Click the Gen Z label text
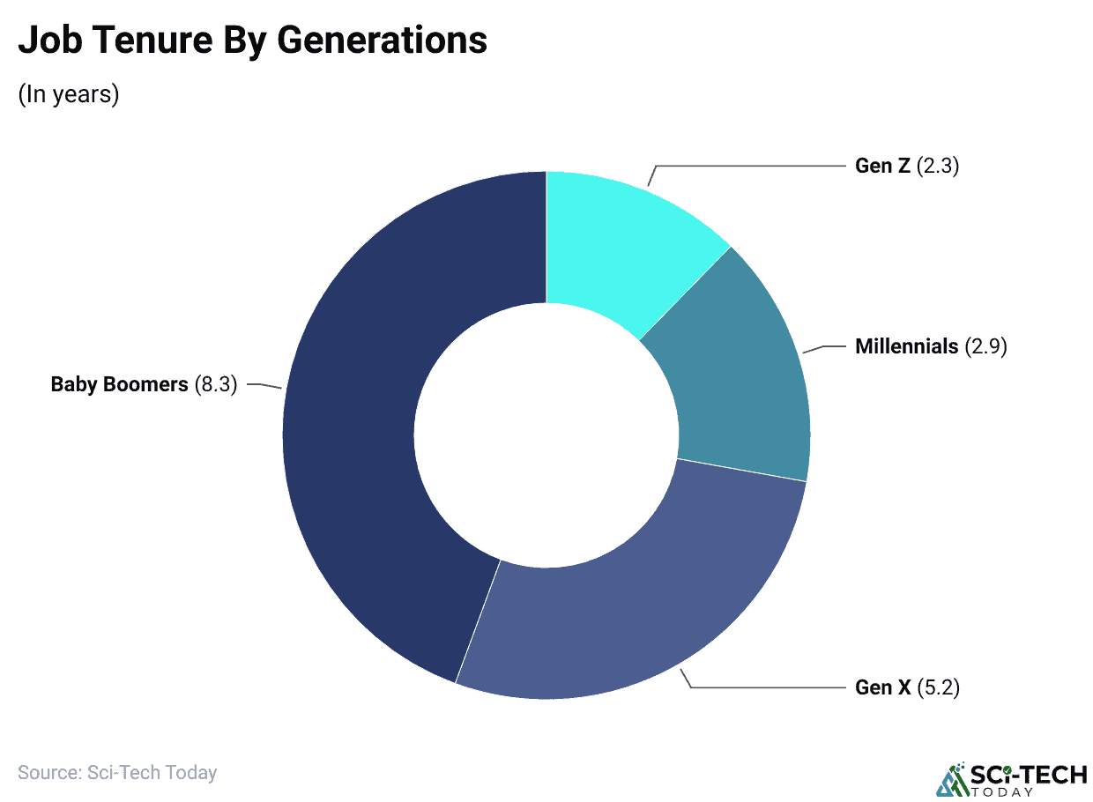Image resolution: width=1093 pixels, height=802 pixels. (882, 166)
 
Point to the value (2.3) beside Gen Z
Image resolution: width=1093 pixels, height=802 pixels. (938, 166)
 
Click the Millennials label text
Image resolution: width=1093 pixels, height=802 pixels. (906, 346)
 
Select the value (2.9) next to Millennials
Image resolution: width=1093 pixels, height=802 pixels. (985, 346)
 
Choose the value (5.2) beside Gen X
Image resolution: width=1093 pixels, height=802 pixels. (939, 687)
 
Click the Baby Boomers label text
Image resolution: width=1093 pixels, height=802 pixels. (119, 384)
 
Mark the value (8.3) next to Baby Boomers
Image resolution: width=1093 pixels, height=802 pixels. (216, 384)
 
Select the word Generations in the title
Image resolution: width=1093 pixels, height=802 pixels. (389, 41)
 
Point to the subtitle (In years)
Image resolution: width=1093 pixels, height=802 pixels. (69, 94)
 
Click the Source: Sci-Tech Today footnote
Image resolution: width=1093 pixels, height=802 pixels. (117, 773)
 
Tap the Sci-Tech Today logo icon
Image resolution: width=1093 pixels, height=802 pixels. (950, 778)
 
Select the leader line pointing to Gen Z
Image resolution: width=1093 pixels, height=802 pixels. (749, 166)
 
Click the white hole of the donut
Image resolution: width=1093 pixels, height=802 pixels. (546, 435)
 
